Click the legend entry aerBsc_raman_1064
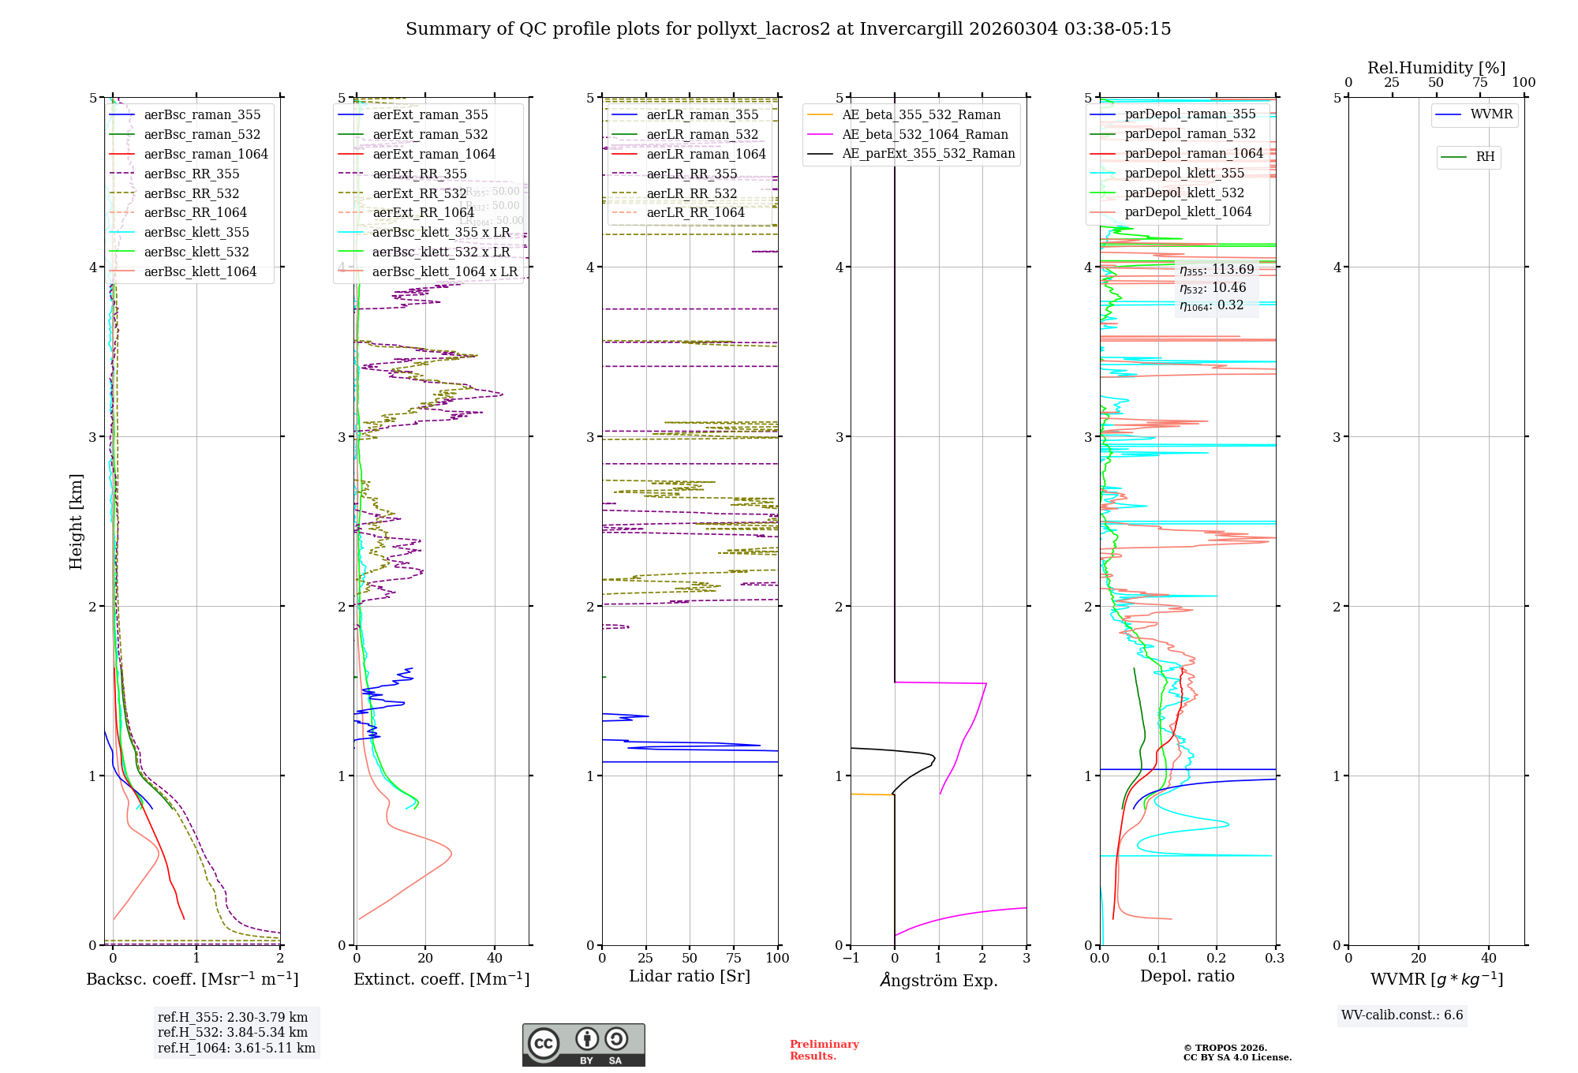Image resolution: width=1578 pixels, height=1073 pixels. [206, 155]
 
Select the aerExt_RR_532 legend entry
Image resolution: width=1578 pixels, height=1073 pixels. [419, 194]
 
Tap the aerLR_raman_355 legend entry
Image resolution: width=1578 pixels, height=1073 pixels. [701, 115]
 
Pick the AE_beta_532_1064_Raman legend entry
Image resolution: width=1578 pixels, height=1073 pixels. [925, 135]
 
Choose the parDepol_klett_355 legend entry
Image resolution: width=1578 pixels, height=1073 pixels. [1184, 174]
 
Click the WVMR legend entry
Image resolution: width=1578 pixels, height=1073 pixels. [1491, 114]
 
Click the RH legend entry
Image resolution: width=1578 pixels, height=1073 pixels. [1485, 157]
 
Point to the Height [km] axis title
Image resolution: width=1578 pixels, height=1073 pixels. [76, 522]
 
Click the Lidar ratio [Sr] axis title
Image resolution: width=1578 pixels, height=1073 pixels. [689, 977]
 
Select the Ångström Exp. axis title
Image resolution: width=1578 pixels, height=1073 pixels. [938, 981]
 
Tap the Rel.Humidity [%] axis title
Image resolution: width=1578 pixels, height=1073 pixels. [1436, 68]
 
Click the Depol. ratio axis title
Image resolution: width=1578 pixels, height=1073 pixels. [1187, 977]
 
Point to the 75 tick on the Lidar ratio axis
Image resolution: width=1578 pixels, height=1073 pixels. [734, 959]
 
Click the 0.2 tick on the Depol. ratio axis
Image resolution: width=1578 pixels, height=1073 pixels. [1217, 959]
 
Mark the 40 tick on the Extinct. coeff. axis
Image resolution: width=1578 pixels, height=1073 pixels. [495, 959]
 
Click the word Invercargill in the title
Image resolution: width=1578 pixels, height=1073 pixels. [911, 29]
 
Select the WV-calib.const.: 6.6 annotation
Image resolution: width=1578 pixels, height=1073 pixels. [1402, 1015]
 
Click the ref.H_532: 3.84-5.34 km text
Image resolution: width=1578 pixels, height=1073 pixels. [233, 1033]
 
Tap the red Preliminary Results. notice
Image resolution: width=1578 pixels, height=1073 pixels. [824, 1050]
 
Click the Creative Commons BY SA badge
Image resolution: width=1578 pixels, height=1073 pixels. [583, 1045]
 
